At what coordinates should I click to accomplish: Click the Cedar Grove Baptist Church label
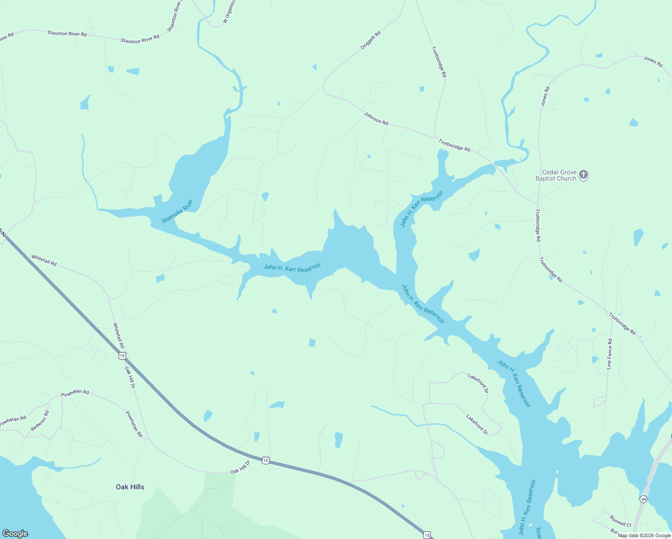(556, 175)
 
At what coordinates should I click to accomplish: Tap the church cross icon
(583, 174)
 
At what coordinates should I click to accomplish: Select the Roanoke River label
(177, 211)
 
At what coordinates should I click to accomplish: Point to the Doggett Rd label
(371, 40)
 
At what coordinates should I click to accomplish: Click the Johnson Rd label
(376, 119)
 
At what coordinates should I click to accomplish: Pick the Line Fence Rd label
(609, 353)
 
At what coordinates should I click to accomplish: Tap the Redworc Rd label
(40, 421)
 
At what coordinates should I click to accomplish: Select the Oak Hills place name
(130, 487)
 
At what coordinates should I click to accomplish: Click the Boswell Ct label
(620, 521)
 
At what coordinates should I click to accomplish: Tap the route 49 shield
(643, 499)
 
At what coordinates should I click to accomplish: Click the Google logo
(15, 534)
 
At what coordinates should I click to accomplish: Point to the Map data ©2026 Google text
(644, 535)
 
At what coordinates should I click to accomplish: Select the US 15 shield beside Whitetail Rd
(122, 356)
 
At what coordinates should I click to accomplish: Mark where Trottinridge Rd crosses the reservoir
(495, 167)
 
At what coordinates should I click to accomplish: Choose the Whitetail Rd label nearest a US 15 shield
(119, 335)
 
